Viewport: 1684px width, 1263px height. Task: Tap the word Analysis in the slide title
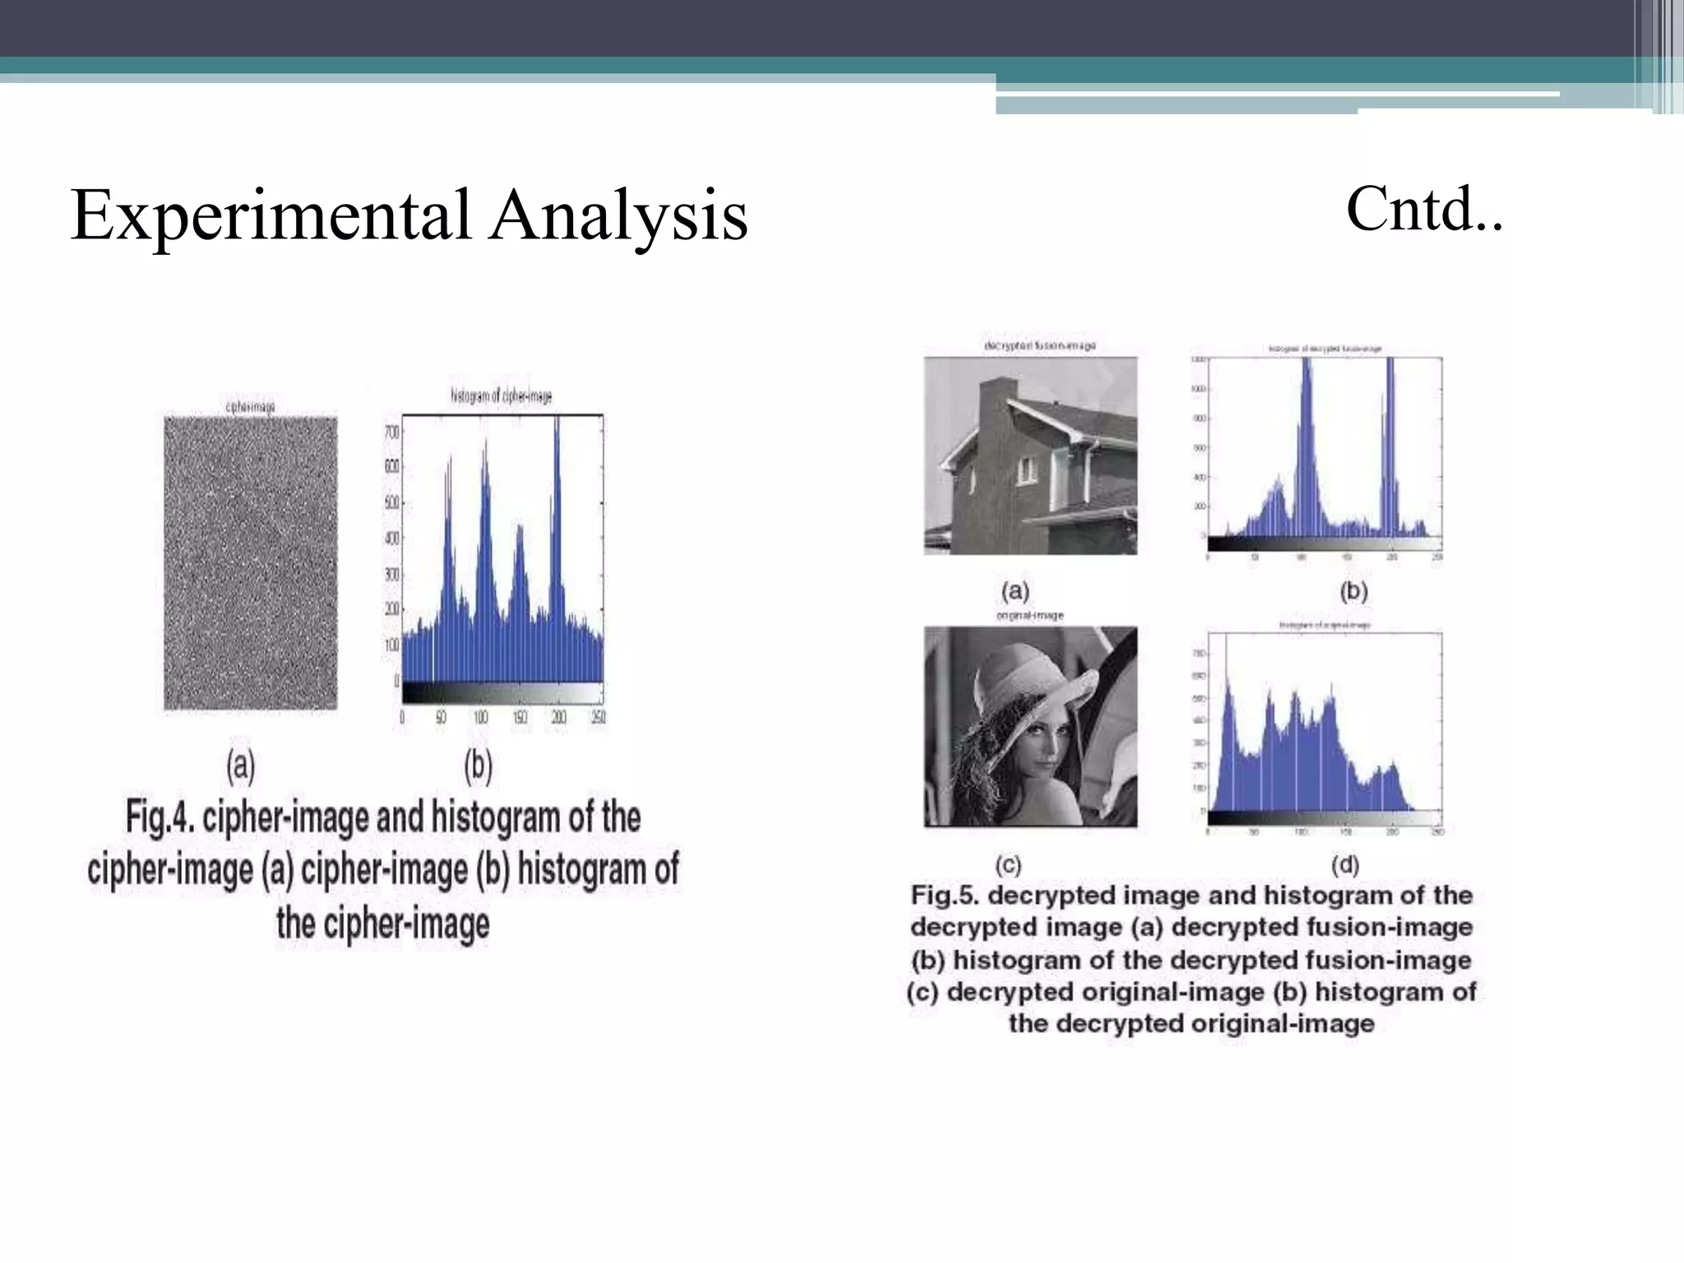(x=618, y=215)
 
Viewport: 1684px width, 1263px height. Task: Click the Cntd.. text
(x=1424, y=210)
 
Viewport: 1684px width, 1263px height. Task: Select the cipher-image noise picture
(x=251, y=563)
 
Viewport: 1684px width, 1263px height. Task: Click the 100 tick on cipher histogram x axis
(x=480, y=718)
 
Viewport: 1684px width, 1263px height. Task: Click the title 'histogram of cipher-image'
(x=501, y=396)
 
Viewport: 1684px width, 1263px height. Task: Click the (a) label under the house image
(x=1015, y=590)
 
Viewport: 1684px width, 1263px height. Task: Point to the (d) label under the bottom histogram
(x=1345, y=864)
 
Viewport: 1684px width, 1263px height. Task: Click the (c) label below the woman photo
(x=1008, y=865)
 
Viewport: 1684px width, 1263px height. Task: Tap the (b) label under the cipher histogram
(x=478, y=766)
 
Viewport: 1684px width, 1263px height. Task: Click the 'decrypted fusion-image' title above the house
(x=1039, y=346)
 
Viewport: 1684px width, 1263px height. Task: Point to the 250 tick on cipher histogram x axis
(x=599, y=718)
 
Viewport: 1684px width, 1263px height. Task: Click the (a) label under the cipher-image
(x=240, y=766)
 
